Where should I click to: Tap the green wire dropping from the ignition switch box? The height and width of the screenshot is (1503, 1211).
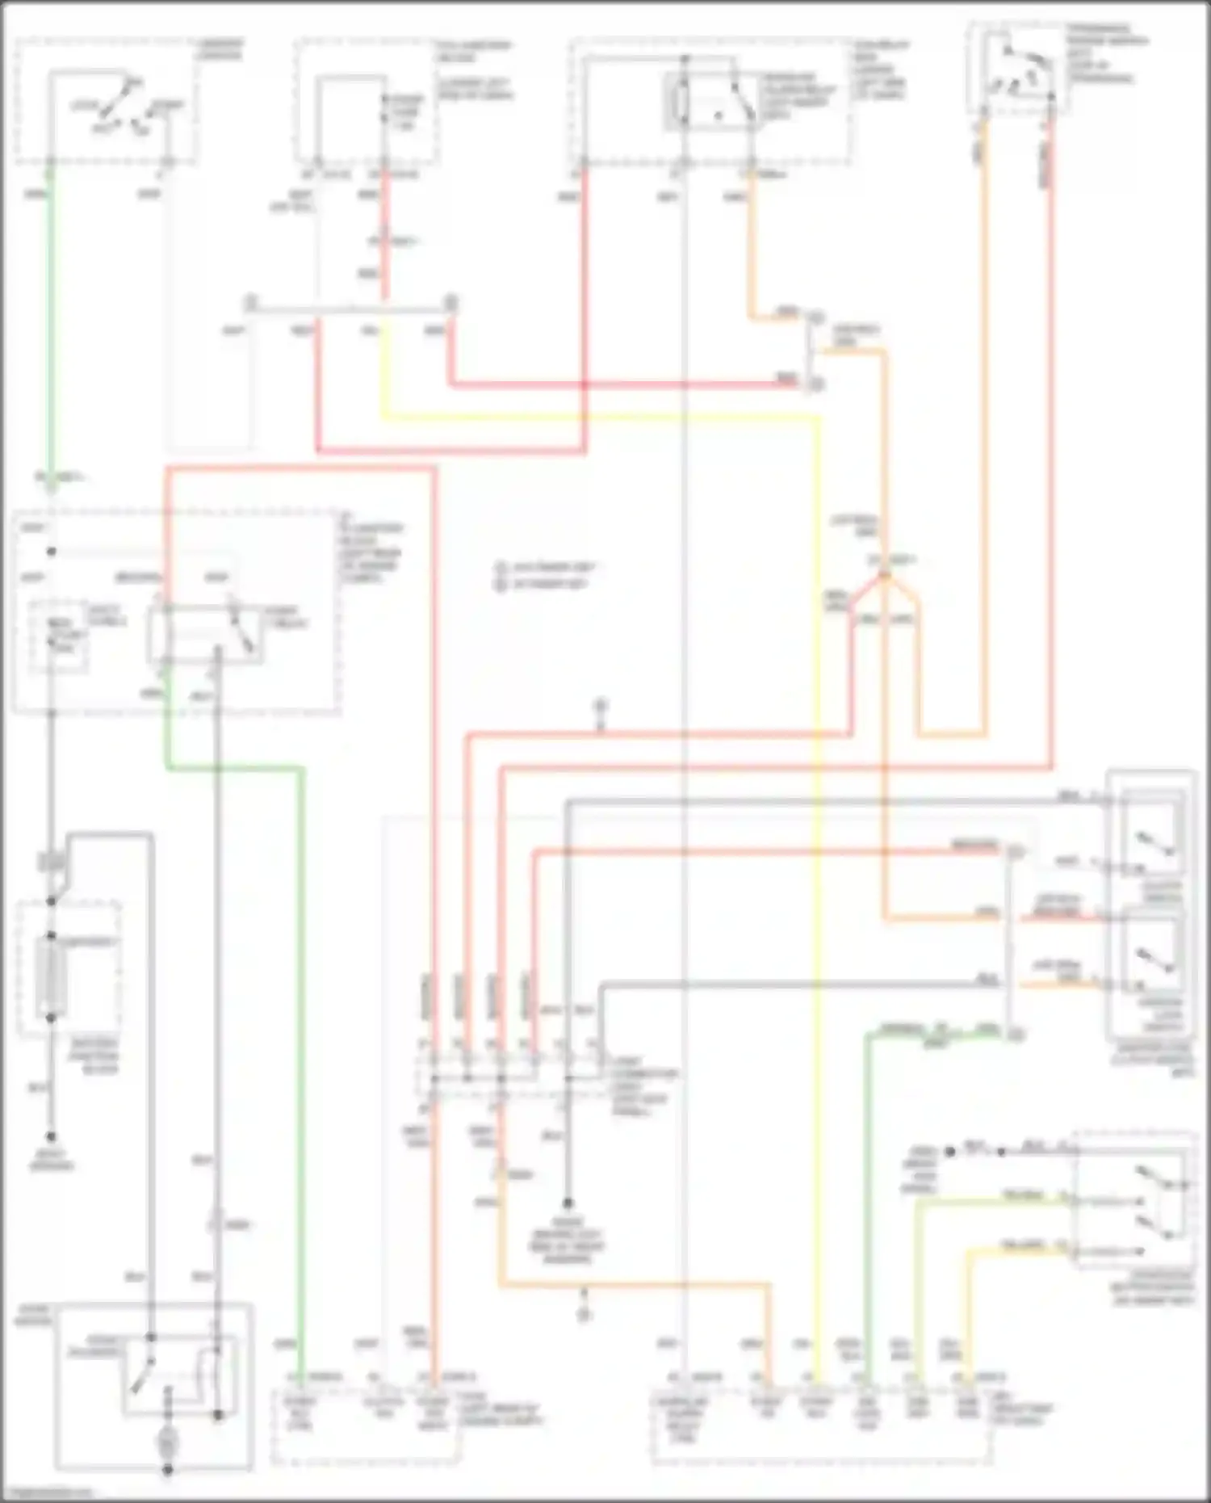point(51,323)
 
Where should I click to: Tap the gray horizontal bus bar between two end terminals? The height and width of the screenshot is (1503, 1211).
point(351,306)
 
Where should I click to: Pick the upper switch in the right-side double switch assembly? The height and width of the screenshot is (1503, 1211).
point(1154,840)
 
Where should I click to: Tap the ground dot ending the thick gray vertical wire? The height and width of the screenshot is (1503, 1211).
point(568,1203)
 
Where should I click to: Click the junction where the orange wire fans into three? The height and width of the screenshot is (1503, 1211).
point(885,574)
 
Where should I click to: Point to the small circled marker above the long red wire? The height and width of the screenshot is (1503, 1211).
point(600,707)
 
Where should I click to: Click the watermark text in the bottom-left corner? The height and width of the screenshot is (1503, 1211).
point(48,1493)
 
